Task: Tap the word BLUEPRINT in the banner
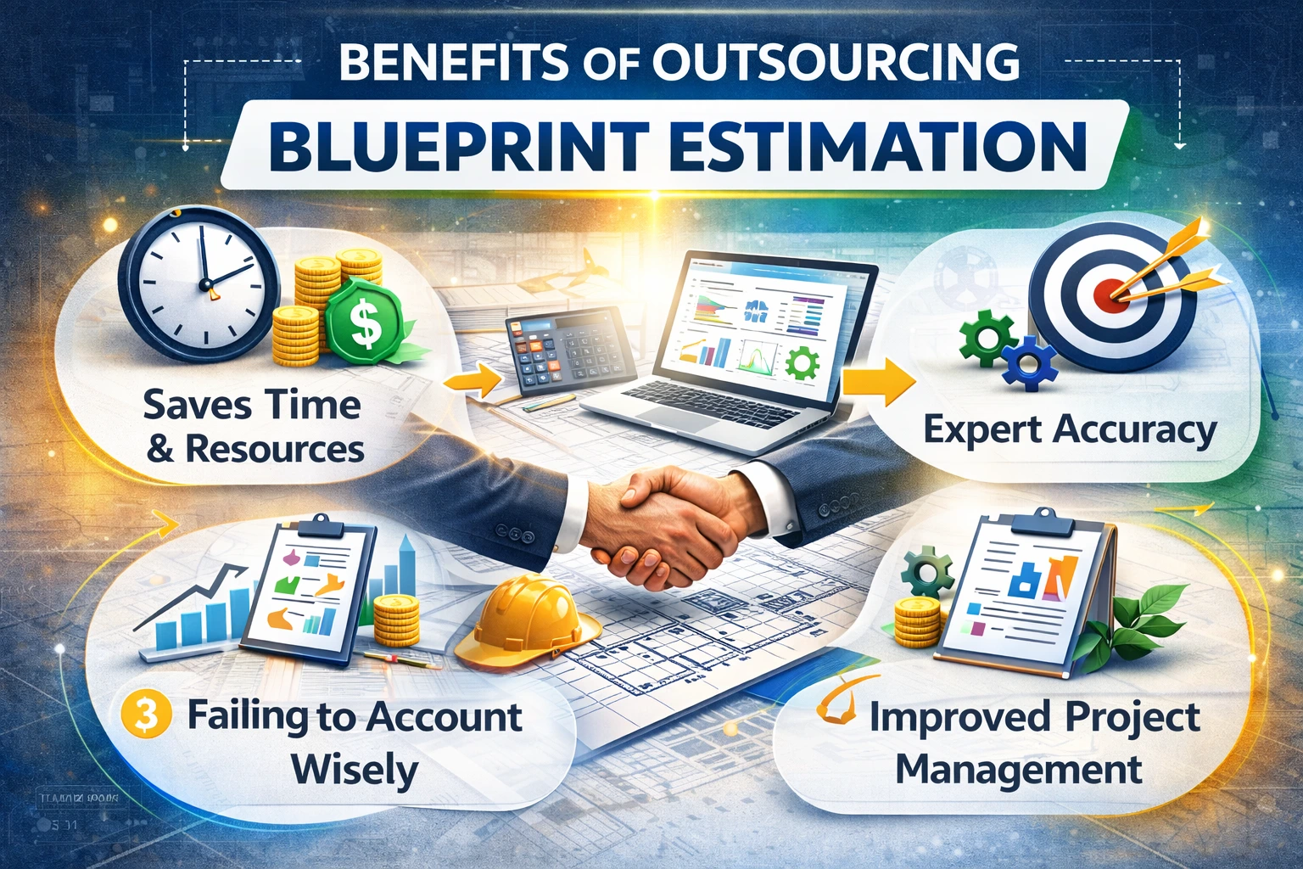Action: coord(459,146)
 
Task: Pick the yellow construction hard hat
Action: coord(526,620)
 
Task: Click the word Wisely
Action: coord(355,771)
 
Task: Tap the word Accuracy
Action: coord(1134,430)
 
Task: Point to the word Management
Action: coord(1018,771)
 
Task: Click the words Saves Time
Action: coord(252,405)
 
